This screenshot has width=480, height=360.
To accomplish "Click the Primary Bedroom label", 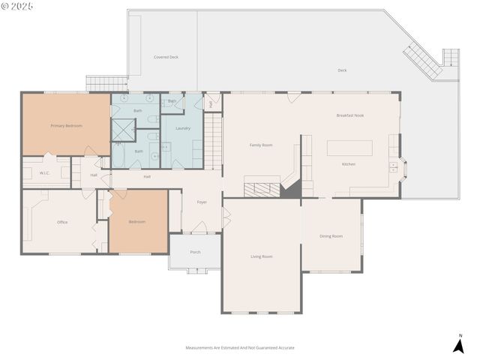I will tap(66, 126).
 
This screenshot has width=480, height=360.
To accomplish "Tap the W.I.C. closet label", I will tap(45, 173).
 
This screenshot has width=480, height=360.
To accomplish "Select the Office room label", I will tap(62, 222).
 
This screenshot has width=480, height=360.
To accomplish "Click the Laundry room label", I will tap(182, 128).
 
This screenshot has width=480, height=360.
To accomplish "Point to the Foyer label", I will tap(202, 202).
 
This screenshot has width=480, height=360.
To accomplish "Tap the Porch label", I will tap(195, 252).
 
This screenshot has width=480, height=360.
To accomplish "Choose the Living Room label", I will tap(261, 256).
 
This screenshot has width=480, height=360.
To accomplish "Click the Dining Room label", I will tap(331, 236).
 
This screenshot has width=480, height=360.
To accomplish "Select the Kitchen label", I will tap(349, 163).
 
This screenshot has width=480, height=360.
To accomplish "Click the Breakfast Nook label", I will tap(349, 115).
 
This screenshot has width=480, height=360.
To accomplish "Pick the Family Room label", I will tap(260, 145).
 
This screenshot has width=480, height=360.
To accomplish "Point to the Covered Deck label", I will tap(166, 57).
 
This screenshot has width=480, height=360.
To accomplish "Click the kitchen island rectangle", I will tap(350, 146).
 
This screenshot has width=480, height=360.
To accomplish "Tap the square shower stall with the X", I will tap(122, 129).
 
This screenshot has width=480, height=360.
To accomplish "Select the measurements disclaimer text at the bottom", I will tap(240, 348).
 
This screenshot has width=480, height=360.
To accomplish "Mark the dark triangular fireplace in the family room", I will tap(291, 190).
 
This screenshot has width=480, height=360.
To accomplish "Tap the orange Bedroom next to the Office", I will tap(138, 221).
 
